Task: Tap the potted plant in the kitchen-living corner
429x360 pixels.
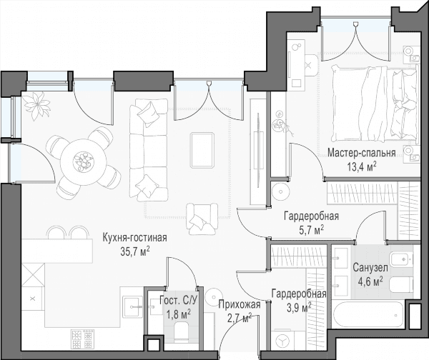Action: [x=36, y=106]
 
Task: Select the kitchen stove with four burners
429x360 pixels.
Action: [x=83, y=339]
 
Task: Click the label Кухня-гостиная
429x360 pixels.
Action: [x=134, y=238]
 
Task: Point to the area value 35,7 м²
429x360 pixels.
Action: [x=135, y=251]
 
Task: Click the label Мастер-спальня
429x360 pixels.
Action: [x=361, y=153]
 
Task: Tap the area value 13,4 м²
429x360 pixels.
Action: [x=362, y=166]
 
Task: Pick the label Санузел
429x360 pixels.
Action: [x=370, y=268]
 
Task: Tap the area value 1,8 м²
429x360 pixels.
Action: [x=179, y=314]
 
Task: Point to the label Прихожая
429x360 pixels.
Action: [x=240, y=304]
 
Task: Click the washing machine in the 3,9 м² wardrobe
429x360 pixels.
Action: [x=284, y=341]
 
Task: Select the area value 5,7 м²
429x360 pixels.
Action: [x=312, y=230]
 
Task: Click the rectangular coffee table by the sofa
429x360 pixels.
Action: [x=202, y=150]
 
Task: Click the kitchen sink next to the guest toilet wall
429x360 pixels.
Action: [x=133, y=306]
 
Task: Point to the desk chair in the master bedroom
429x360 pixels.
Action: [x=310, y=65]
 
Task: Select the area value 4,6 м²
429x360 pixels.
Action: [x=370, y=281]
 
